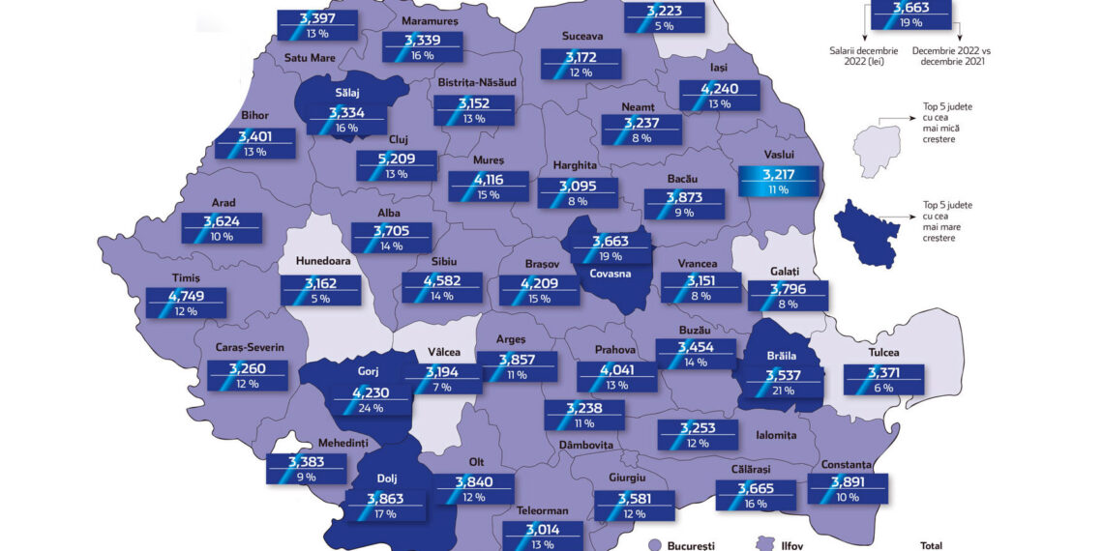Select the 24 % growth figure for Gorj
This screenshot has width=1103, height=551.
pyautogui.click(x=370, y=407)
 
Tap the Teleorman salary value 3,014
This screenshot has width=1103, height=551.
pyautogui.click(x=542, y=530)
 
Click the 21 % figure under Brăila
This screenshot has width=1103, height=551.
pyautogui.click(x=783, y=391)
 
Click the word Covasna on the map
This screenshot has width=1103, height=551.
pyautogui.click(x=608, y=274)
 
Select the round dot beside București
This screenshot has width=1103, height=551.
pyautogui.click(x=654, y=545)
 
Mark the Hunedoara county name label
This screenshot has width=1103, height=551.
pyautogui.click(x=322, y=261)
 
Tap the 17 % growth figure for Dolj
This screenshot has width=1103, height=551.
pyautogui.click(x=384, y=513)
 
